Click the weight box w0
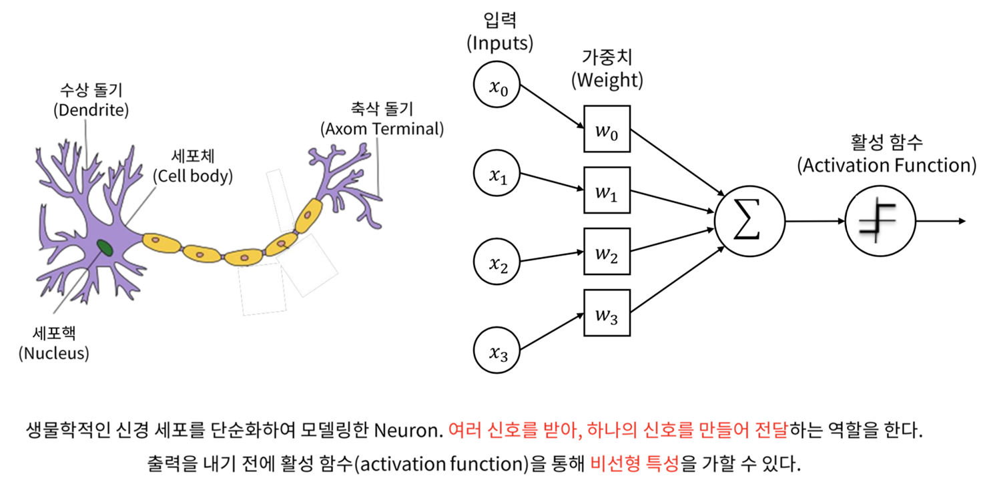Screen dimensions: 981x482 (x=607, y=130)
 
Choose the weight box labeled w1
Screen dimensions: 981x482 (x=607, y=191)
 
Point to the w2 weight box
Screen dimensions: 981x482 (x=607, y=252)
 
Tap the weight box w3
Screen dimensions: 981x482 (x=607, y=312)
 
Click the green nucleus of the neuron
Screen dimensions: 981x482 (x=104, y=248)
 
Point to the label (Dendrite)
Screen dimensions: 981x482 (x=91, y=109)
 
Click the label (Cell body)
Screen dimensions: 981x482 (x=193, y=176)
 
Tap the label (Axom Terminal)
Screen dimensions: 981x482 (x=382, y=128)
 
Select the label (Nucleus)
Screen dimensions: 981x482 (x=55, y=353)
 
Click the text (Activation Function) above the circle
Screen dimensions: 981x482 (x=887, y=165)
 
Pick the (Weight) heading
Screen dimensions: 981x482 (x=607, y=81)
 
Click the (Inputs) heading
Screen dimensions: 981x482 (x=499, y=44)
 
